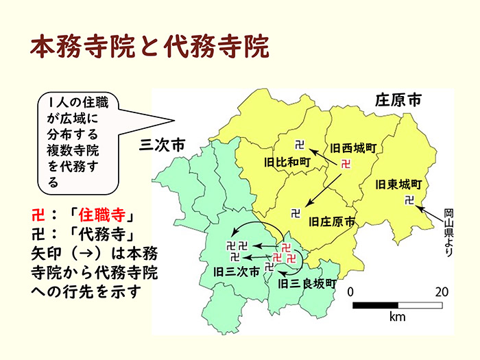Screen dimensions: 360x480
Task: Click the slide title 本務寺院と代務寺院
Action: click(149, 47)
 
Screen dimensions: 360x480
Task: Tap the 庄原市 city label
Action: click(398, 100)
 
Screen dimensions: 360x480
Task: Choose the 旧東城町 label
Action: click(398, 184)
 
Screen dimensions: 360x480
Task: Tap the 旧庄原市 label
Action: click(332, 222)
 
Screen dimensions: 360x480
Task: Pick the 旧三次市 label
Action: click(237, 272)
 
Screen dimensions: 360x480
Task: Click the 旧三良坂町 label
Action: click(309, 282)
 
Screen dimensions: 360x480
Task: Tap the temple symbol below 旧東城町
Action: click(409, 200)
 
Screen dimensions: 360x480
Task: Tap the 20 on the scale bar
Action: click(442, 291)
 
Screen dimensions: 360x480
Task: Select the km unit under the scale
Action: click(397, 318)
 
